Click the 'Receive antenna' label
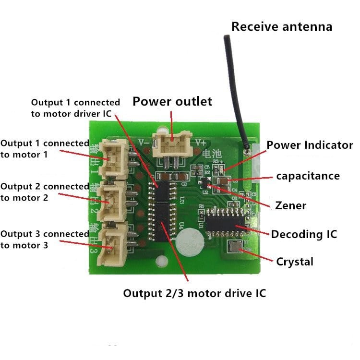pyautogui.click(x=282, y=26)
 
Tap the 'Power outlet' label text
pyautogui.click(x=172, y=101)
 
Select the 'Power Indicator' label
pyautogui.click(x=310, y=145)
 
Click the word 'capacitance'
pyautogui.click(x=308, y=176)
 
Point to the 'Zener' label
pyautogui.click(x=290, y=205)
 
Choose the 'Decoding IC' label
pyautogui.click(x=304, y=234)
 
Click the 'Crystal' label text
pyautogui.click(x=295, y=262)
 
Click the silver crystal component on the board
pyautogui.click(x=236, y=248)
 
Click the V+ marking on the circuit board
pyautogui.click(x=200, y=142)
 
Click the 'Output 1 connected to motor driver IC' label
pyautogui.click(x=75, y=108)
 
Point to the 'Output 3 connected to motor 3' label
pyautogui.click(x=44, y=240)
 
